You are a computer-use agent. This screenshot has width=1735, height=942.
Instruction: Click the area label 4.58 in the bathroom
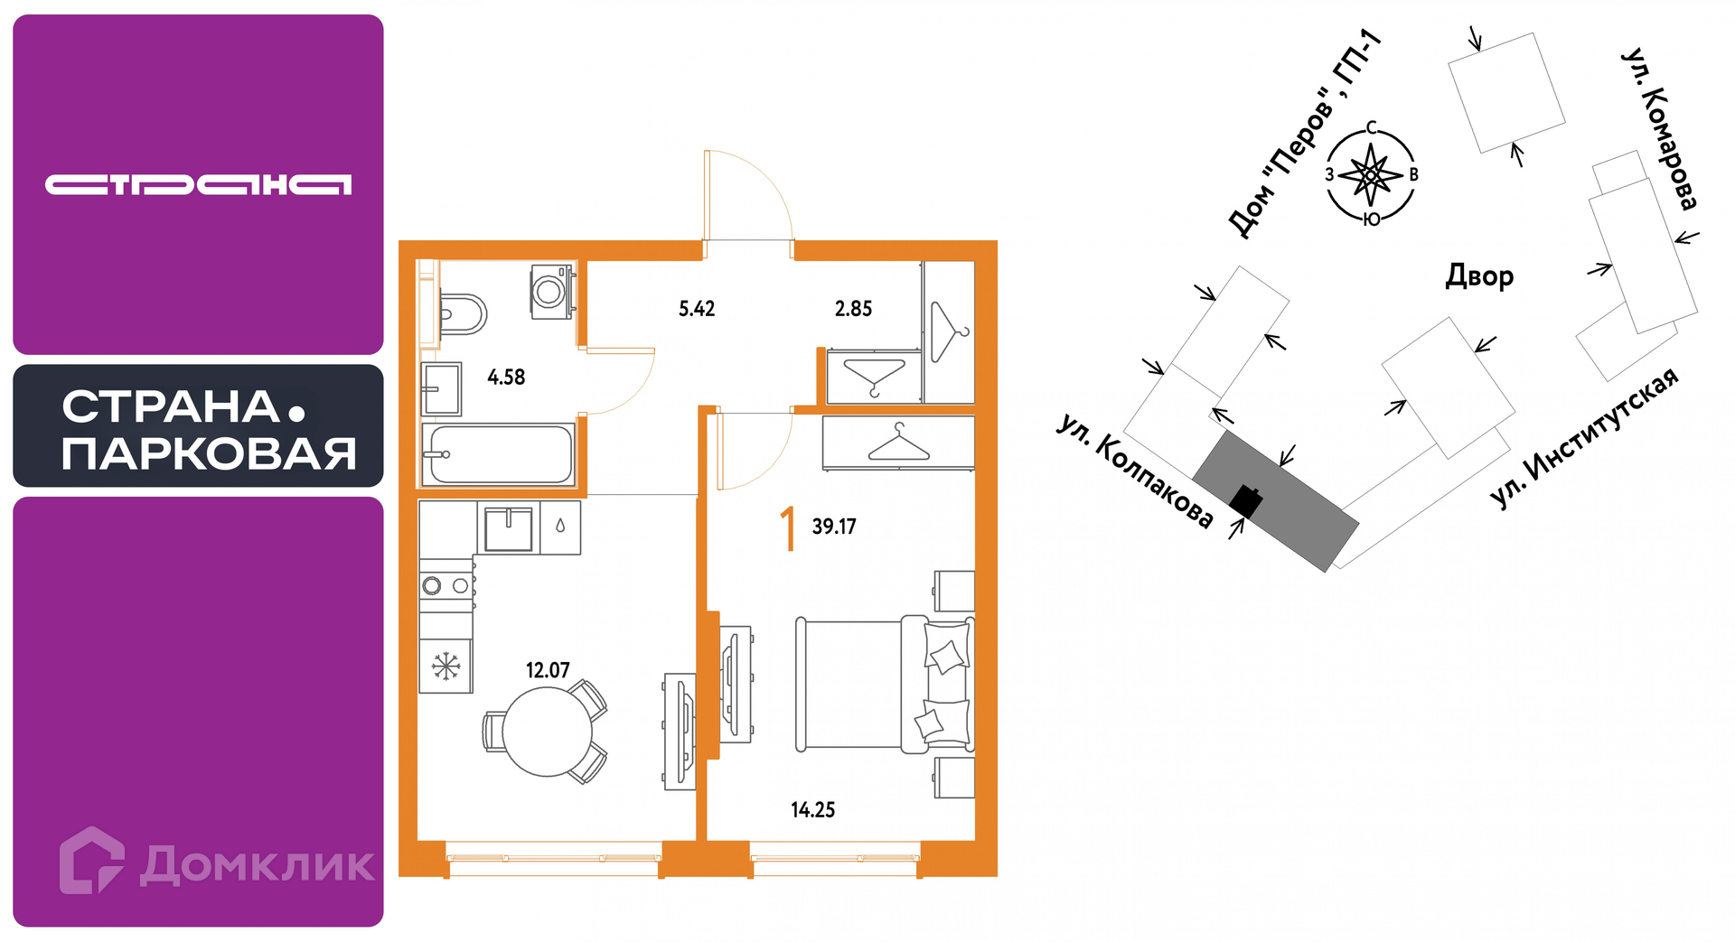(506, 378)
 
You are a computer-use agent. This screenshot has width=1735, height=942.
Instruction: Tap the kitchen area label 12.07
(548, 670)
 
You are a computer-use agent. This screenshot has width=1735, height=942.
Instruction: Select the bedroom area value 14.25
(812, 810)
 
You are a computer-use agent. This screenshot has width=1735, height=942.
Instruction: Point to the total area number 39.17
(833, 527)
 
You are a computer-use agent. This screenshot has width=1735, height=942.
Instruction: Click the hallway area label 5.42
(697, 309)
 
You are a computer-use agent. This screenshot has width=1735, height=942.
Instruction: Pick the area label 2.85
(853, 309)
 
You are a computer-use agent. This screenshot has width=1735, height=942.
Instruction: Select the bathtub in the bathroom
(498, 455)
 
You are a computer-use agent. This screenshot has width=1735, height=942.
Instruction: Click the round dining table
(547, 732)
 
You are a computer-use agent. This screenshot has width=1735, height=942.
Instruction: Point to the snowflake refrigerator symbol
(445, 667)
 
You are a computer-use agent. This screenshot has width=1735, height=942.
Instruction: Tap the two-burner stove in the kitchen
(446, 585)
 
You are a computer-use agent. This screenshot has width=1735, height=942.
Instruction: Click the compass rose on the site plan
(1371, 175)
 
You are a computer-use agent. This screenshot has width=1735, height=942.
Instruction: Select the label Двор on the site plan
(1479, 275)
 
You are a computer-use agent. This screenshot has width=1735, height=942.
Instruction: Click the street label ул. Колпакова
(1135, 471)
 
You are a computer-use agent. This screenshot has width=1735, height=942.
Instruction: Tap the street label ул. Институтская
(1584, 438)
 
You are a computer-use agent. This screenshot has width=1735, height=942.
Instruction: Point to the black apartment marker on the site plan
(1246, 500)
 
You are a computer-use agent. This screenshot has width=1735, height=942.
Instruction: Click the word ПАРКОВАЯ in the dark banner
(209, 453)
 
